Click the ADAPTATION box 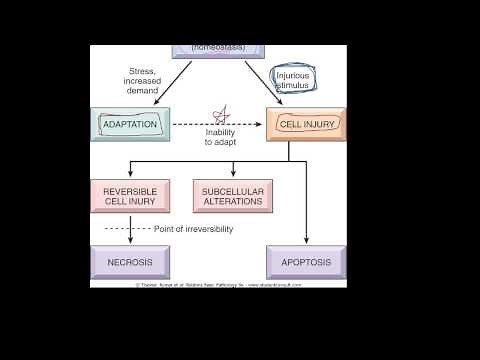click(x=130, y=125)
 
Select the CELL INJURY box click(x=306, y=125)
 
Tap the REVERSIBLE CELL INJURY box click(x=130, y=195)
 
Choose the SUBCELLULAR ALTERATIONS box click(x=232, y=195)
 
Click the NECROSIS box click(x=130, y=262)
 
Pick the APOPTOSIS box click(x=306, y=262)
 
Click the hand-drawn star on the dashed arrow click(x=223, y=115)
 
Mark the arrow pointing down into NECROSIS click(x=130, y=237)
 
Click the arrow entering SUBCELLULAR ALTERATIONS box click(x=232, y=172)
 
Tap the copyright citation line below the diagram click(x=218, y=284)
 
